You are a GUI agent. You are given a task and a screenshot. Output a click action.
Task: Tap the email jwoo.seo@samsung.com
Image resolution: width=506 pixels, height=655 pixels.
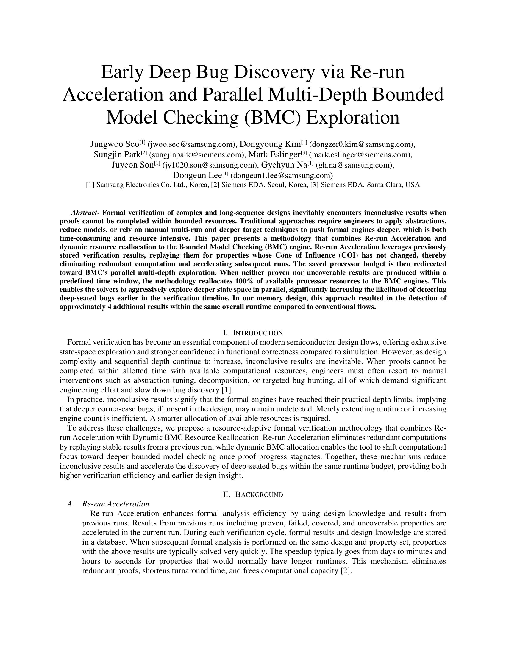(191, 144)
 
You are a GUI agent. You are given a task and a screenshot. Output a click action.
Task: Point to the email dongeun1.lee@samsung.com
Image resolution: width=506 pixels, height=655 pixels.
(282, 175)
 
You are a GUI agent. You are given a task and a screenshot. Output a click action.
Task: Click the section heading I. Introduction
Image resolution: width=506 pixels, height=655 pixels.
(253, 333)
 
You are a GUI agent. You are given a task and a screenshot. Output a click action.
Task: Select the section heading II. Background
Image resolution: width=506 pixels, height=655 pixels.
(253, 495)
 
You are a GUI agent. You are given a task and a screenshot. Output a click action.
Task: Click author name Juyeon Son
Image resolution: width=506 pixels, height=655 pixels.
(132, 165)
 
